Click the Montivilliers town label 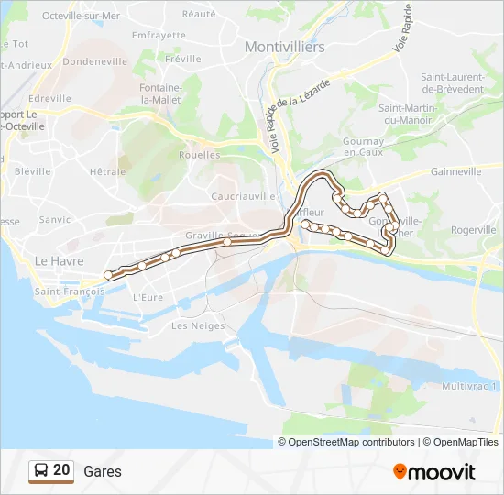tap(279, 47)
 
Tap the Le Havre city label tap(53, 260)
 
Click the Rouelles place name tap(200, 155)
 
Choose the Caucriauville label tap(243, 196)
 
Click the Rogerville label tap(474, 230)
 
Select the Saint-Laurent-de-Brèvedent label tap(451, 83)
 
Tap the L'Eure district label tap(147, 297)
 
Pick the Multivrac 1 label tap(470, 386)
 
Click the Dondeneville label tap(94, 61)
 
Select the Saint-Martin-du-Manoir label tap(408, 114)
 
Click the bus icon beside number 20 tap(40, 470)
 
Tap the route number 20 tap(61, 469)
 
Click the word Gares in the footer tap(102, 471)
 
